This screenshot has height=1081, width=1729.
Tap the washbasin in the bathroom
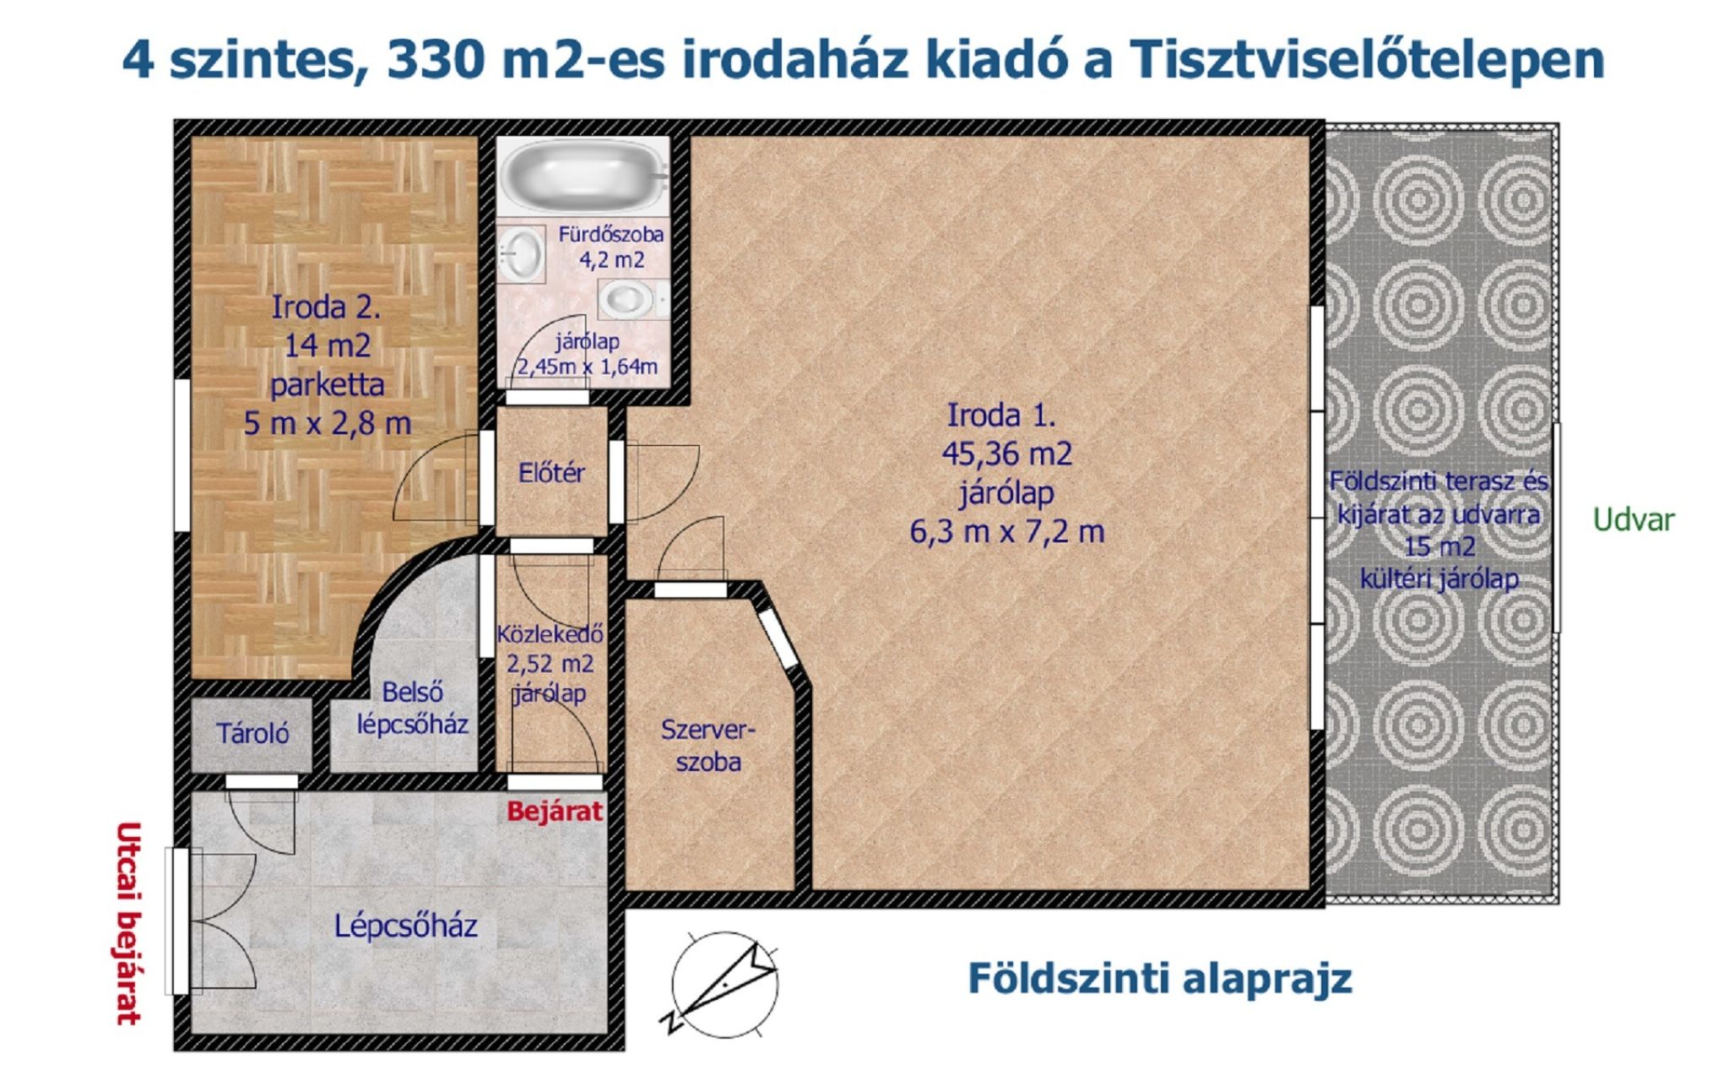tap(521, 253)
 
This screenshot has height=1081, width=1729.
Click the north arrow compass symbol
tap(723, 985)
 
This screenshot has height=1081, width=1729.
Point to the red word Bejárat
tap(555, 812)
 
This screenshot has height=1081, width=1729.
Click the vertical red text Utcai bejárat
tap(127, 922)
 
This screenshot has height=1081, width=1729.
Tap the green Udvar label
tap(1633, 519)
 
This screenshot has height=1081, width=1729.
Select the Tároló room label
tap(252, 733)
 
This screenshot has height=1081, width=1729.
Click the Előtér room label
tap(551, 473)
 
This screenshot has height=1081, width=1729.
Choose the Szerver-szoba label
tap(708, 745)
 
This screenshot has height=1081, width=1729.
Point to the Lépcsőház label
tap(405, 926)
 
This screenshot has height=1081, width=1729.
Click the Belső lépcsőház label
tap(412, 708)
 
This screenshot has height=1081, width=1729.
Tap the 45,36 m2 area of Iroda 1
tap(1006, 454)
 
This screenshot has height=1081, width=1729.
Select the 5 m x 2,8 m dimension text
tap(328, 422)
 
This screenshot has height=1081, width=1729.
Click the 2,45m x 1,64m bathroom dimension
tap(588, 367)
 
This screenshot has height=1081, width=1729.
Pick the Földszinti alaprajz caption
tap(1159, 978)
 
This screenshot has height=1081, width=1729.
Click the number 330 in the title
tap(437, 59)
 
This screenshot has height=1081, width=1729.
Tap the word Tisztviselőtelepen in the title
tap(1366, 59)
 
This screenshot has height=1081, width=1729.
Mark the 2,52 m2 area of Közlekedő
tap(550, 664)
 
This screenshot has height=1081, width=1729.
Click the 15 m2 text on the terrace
tap(1439, 546)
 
